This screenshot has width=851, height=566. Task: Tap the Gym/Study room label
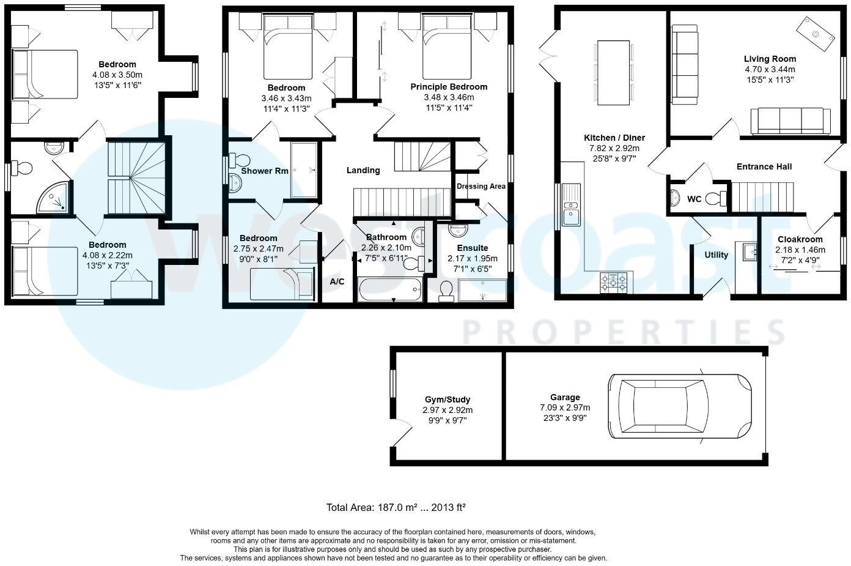(448, 400)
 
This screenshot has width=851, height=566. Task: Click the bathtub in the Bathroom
(390, 289)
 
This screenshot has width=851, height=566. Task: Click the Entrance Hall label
(764, 166)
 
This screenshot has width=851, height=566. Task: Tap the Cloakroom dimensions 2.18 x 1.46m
(800, 250)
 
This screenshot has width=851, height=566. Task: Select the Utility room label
(716, 255)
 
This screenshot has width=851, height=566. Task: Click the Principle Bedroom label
(449, 87)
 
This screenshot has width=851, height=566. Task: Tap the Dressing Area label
(481, 186)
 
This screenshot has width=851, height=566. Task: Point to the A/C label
(337, 282)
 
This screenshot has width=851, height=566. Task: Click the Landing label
(363, 170)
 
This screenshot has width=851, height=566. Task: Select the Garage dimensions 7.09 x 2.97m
(564, 408)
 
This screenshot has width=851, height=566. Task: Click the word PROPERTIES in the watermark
(624, 333)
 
